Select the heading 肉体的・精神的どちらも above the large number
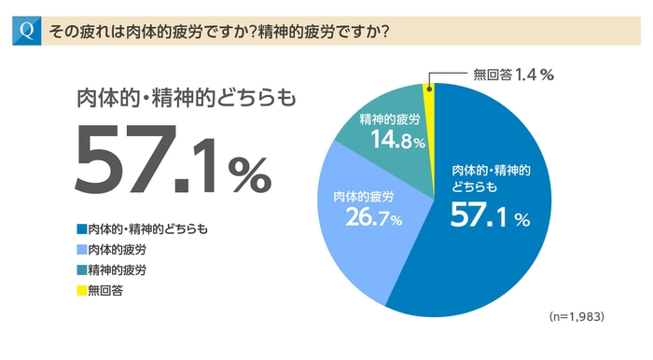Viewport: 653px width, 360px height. coord(176,99)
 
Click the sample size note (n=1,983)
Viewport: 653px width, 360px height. coord(577,317)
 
